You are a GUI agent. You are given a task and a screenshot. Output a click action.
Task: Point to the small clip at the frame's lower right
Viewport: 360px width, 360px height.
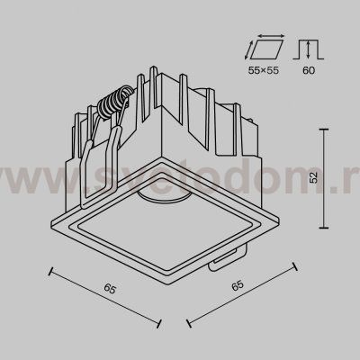pyautogui.click(x=220, y=262)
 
